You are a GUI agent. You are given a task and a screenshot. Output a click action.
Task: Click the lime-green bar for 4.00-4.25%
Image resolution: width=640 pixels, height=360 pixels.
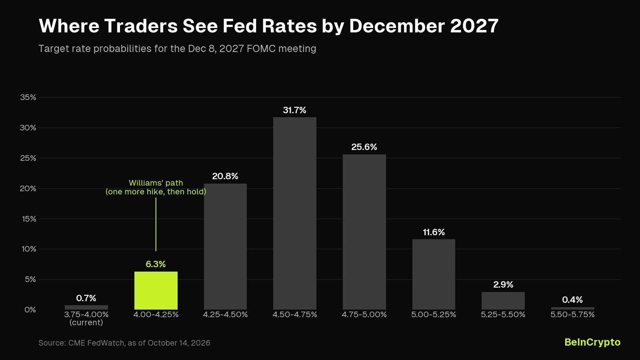click(x=156, y=290)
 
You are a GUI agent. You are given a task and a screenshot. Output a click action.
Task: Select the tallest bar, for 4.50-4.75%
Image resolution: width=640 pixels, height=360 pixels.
click(x=294, y=213)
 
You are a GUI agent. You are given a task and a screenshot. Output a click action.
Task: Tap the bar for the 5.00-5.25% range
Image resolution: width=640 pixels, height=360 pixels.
click(x=434, y=274)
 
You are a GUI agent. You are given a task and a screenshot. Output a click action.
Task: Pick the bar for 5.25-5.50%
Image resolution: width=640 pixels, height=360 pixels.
click(x=503, y=300)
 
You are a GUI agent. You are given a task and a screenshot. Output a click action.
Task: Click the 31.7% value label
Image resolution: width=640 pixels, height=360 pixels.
click(x=294, y=110)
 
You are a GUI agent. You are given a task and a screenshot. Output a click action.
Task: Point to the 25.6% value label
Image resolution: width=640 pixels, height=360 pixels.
click(x=364, y=147)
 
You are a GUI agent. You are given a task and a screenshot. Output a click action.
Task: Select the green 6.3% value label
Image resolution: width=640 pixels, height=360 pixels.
click(x=156, y=264)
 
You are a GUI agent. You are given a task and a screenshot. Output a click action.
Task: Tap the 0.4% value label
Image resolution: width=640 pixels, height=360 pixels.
click(x=572, y=300)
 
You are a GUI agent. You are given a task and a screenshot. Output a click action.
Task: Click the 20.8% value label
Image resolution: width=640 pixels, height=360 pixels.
click(x=225, y=176)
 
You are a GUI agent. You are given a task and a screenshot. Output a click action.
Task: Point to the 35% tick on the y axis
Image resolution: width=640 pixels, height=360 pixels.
click(x=28, y=98)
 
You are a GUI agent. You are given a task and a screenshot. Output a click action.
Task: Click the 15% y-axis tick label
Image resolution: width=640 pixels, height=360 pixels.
click(x=29, y=219)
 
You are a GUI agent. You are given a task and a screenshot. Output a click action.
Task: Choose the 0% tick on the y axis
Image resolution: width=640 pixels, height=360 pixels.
click(x=30, y=310)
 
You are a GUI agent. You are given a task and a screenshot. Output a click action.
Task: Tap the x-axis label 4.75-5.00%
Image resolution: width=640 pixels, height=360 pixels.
click(x=364, y=314)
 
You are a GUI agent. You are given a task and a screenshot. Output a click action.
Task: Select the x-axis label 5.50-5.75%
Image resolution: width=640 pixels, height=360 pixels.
click(x=572, y=314)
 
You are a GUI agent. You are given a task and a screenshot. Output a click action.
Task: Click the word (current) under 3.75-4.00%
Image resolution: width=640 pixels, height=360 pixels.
click(x=86, y=322)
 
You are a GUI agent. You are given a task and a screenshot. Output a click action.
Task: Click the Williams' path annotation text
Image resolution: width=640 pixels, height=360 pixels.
click(x=156, y=187)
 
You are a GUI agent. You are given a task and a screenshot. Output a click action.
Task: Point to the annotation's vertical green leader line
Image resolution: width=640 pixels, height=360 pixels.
click(x=156, y=224)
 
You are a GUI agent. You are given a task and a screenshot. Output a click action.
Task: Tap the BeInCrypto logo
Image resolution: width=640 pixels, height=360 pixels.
click(x=592, y=342)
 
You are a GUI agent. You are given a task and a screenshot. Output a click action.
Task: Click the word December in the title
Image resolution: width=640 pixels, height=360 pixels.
click(x=397, y=26)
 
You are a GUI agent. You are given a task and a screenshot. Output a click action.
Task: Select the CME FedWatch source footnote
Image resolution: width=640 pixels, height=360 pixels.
click(x=124, y=343)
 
